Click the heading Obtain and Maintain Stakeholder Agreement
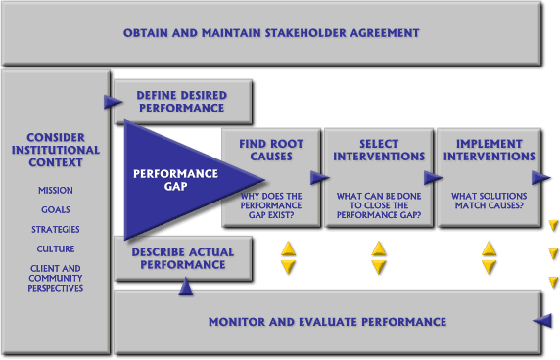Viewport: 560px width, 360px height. (x=271, y=33)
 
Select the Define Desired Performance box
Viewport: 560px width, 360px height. (x=182, y=101)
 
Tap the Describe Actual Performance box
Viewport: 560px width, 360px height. (x=182, y=257)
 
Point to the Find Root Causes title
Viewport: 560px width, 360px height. (x=270, y=150)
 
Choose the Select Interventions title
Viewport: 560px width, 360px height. (x=379, y=150)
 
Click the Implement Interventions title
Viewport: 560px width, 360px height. (x=489, y=150)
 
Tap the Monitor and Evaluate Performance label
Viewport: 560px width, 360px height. (x=327, y=322)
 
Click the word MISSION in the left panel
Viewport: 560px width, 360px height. (x=56, y=191)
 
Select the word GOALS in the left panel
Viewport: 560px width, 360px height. (x=56, y=210)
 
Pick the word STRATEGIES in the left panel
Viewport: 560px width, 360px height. (x=56, y=230)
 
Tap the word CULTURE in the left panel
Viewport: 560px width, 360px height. (x=56, y=249)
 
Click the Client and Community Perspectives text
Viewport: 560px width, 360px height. (x=56, y=278)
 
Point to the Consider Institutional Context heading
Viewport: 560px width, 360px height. (x=56, y=151)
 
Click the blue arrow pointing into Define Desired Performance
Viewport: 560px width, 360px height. (x=108, y=100)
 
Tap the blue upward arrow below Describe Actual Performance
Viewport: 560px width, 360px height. (x=185, y=287)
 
